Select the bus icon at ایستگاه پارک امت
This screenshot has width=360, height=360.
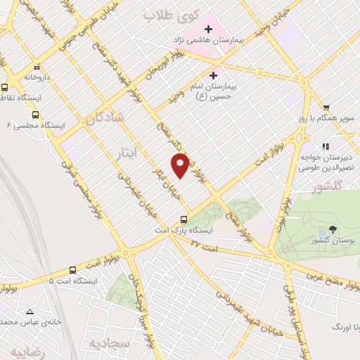point(184,219)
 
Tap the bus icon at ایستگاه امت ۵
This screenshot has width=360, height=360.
point(73,270)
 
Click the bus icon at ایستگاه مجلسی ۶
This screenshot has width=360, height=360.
point(35,115)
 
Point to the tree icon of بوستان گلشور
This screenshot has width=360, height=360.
point(333,229)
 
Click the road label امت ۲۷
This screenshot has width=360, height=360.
point(205,243)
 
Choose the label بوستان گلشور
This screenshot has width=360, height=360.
point(333,241)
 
